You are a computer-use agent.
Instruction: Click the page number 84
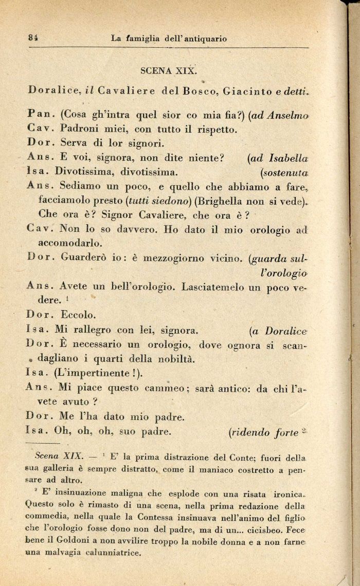click(x=34, y=38)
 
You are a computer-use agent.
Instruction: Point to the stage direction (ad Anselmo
click(x=278, y=115)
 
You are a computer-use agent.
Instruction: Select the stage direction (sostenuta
click(x=284, y=172)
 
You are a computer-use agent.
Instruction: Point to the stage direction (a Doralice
click(x=278, y=331)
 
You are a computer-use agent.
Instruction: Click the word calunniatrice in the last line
click(x=106, y=553)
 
